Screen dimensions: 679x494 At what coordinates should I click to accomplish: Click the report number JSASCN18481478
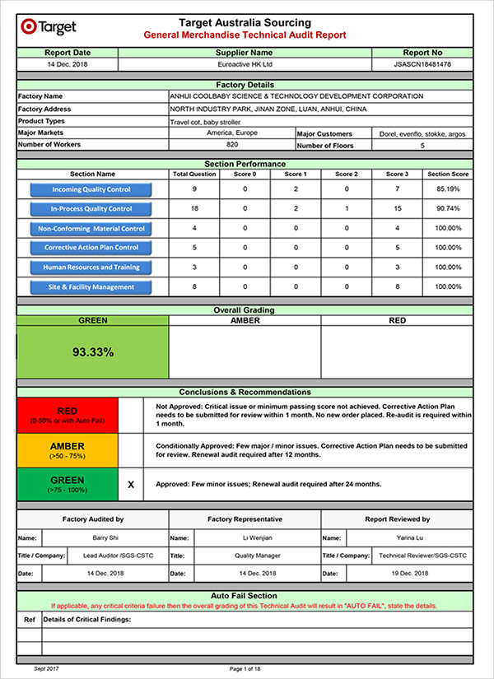422,63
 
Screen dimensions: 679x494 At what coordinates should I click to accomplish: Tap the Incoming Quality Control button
91,189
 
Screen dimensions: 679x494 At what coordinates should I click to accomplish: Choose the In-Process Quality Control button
91,209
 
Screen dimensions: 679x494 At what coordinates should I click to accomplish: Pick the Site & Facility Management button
91,287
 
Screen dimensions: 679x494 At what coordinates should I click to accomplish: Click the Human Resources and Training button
91,267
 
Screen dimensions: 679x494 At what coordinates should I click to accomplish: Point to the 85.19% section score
449,189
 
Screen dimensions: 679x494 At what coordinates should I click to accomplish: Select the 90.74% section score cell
449,209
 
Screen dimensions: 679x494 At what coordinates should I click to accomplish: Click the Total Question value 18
193,209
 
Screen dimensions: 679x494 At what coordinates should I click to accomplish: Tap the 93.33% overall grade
93,351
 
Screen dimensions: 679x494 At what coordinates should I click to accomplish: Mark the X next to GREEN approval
131,486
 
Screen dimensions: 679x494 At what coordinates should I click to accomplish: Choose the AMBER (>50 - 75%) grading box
68,450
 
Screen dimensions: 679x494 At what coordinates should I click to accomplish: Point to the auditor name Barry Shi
105,537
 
